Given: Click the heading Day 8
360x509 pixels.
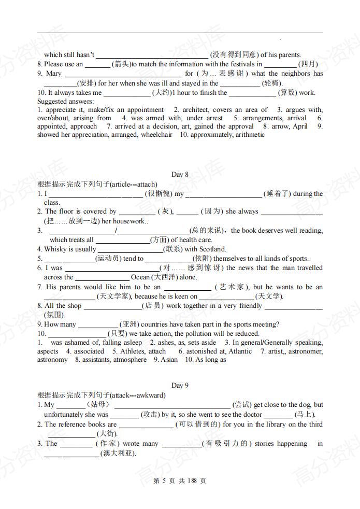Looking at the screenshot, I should [x=180, y=175].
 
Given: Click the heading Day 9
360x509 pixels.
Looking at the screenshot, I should [x=180, y=386].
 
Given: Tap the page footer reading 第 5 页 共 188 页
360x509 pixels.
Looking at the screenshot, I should [x=180, y=481].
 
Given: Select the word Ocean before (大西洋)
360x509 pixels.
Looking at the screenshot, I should [x=140, y=277].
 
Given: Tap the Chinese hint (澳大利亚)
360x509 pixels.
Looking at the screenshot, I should [x=118, y=454].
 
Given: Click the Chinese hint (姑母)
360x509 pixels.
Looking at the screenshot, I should [x=98, y=405].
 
